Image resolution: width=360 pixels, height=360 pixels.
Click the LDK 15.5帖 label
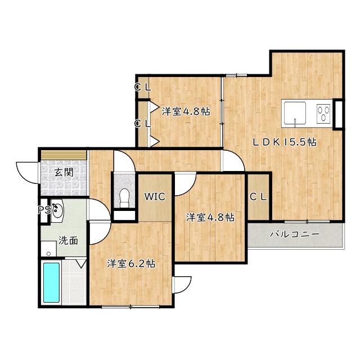click(284, 142)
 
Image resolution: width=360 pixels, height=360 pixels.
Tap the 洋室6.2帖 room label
click(132, 263)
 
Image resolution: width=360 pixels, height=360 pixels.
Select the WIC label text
click(154, 197)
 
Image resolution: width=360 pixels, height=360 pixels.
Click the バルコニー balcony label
click(294, 234)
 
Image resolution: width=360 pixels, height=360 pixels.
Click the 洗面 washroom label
click(69, 241)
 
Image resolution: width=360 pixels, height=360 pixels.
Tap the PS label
click(43, 210)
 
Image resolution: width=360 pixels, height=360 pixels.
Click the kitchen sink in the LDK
click(294, 112)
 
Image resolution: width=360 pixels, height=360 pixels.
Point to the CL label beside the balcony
click(259, 197)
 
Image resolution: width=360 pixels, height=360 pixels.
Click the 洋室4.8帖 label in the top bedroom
click(186, 111)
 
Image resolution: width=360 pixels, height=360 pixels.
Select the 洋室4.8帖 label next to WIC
click(210, 217)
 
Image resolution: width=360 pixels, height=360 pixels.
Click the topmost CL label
click(142, 87)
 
